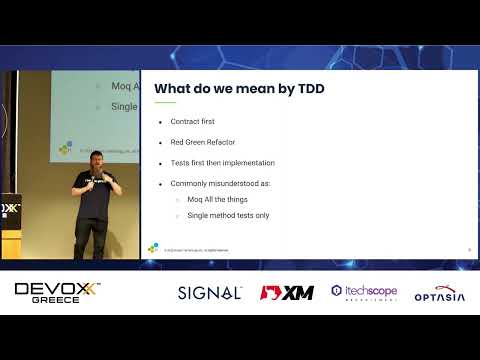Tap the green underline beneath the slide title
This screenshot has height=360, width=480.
coord(165,102)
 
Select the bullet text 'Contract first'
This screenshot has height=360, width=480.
coord(192,121)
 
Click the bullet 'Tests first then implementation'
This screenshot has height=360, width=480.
coord(223,163)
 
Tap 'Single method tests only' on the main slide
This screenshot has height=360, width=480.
coord(228,215)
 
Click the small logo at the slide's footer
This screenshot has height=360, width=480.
coord(153,248)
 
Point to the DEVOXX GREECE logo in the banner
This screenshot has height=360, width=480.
coord(58,293)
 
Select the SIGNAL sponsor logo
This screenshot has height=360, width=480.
coord(209,293)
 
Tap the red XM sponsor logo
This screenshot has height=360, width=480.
coord(287,293)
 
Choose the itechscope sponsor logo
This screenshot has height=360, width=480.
coord(364,293)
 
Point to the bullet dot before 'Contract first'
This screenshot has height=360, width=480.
coord(160,121)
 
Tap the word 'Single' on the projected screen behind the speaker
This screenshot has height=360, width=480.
coord(123,107)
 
